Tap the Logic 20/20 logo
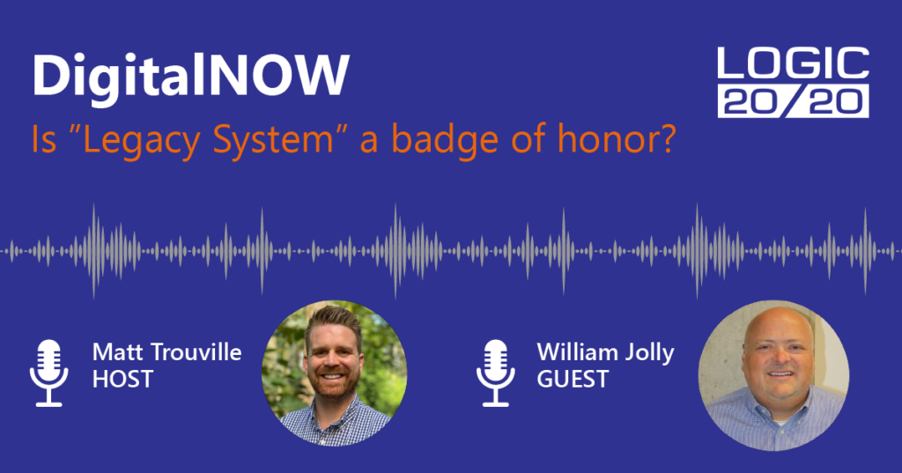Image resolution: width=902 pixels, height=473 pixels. click(x=794, y=83)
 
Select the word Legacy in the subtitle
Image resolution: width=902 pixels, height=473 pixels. click(x=141, y=140)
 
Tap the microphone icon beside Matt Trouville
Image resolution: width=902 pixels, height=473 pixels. click(x=49, y=373)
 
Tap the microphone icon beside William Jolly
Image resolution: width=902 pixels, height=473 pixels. click(x=495, y=373)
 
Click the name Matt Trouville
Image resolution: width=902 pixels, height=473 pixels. click(x=166, y=352)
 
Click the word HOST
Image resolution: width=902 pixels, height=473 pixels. click(x=122, y=380)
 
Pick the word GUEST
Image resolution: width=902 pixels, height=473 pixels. click(x=573, y=380)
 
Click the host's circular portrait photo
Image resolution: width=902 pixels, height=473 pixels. click(x=334, y=373)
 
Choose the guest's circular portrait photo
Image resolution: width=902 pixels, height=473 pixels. click(x=773, y=375)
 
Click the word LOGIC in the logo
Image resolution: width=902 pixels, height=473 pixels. click(x=794, y=63)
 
